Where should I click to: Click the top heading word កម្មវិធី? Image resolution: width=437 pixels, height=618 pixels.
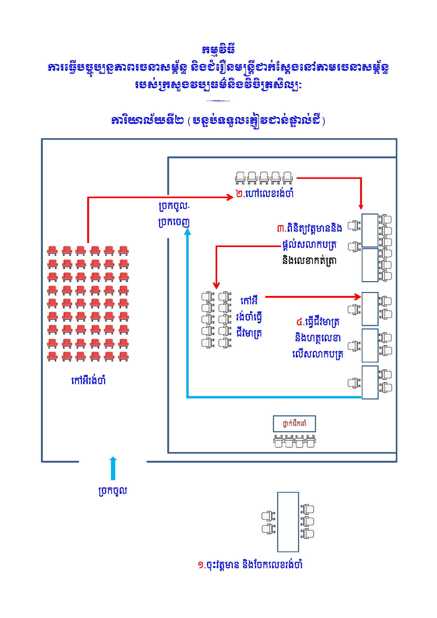tap(218, 49)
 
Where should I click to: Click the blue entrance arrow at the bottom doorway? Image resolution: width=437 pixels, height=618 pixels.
tap(113, 468)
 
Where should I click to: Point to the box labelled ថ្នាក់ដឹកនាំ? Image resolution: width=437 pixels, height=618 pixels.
tap(294, 424)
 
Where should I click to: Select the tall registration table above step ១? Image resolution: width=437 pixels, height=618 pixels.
tap(288, 522)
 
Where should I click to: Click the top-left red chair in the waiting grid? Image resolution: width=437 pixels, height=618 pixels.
tap(53, 251)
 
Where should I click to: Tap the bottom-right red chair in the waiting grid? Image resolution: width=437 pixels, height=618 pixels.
tap(123, 356)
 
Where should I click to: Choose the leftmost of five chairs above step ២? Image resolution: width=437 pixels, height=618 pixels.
tap(240, 178)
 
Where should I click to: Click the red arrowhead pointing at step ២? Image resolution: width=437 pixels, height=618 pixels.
tap(230, 197)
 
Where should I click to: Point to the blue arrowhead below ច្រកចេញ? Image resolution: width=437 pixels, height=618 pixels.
tap(188, 232)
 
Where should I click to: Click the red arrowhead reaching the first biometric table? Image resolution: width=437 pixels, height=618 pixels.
tap(358, 297)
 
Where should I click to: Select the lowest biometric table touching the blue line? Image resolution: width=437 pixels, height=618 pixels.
tap(370, 383)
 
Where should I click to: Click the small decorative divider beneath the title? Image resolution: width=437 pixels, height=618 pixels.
tap(218, 101)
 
